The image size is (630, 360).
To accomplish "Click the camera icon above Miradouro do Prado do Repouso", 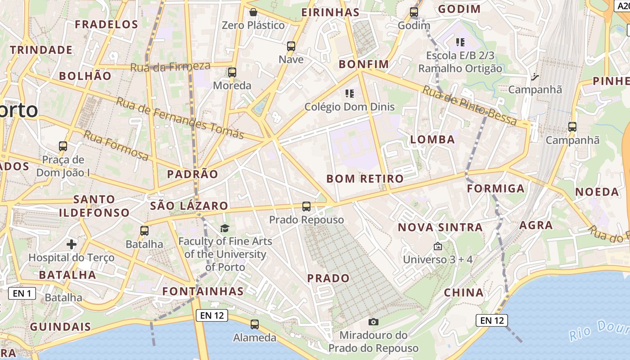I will (373, 322).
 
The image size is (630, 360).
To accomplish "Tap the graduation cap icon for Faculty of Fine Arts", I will (225, 229).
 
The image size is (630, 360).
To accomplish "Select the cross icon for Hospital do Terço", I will (71, 244).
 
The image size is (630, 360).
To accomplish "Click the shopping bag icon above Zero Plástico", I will (253, 12).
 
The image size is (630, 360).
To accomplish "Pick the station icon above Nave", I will (291, 46).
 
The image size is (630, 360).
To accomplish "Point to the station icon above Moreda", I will (232, 72).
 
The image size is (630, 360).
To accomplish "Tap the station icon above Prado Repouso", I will (306, 207).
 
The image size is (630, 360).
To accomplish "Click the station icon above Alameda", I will (255, 324).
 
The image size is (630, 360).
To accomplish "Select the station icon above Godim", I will (414, 12).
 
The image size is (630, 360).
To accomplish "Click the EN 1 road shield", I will (22, 294).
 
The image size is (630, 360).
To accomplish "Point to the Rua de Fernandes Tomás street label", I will (180, 118).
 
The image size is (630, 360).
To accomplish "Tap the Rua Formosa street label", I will (116, 145).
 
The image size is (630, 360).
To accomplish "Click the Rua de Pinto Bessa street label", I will (470, 106).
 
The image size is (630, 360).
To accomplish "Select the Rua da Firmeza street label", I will (170, 67).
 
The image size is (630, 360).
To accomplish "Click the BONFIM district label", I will (364, 64).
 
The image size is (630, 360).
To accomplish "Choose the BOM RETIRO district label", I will (365, 179).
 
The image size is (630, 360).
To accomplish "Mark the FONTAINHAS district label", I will (203, 291).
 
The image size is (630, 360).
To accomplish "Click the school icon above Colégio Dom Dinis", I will (350, 94).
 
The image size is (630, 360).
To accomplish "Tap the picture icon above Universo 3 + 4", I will (437, 246).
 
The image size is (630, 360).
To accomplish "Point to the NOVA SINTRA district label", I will (440, 227).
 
